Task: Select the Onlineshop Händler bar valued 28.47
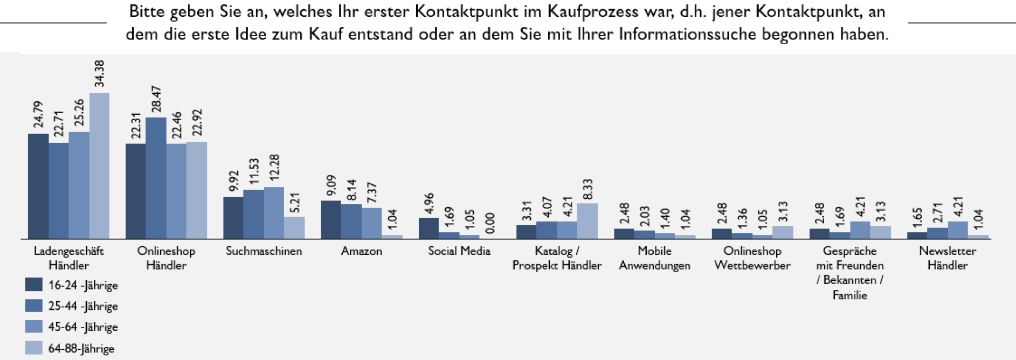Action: [x=156, y=178]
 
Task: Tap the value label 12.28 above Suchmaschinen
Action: [x=274, y=168]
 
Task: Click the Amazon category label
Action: [x=361, y=251]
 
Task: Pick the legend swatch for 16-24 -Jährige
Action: [x=34, y=285]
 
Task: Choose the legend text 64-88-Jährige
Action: [x=81, y=349]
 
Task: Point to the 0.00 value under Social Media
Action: [x=490, y=223]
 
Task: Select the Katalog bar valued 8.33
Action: [x=588, y=221]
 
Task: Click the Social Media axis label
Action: [x=459, y=251]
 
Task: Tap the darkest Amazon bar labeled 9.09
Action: [x=331, y=220]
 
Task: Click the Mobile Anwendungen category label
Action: [x=654, y=258]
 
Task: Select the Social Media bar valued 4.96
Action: [x=428, y=228]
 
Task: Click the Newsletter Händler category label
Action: [x=947, y=258]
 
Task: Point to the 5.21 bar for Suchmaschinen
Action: [x=294, y=228]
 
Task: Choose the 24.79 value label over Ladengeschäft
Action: [x=38, y=114]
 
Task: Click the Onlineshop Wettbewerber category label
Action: [x=752, y=258]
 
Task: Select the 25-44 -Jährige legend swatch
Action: [x=34, y=306]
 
